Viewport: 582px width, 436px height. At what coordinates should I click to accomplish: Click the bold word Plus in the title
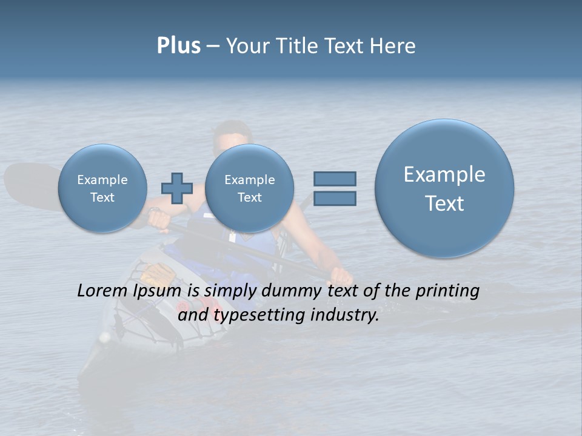point(178,46)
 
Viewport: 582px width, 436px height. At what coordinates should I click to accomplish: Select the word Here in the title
point(393,46)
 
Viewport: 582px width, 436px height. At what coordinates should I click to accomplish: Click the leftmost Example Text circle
point(102,188)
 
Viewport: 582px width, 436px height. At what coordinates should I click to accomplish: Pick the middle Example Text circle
point(250,188)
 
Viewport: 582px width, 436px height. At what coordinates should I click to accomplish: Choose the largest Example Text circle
point(444,188)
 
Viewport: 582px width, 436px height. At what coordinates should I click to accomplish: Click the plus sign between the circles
point(177,188)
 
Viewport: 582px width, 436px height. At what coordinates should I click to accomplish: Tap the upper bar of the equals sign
point(335,179)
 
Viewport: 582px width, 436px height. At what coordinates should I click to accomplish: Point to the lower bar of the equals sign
point(335,199)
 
